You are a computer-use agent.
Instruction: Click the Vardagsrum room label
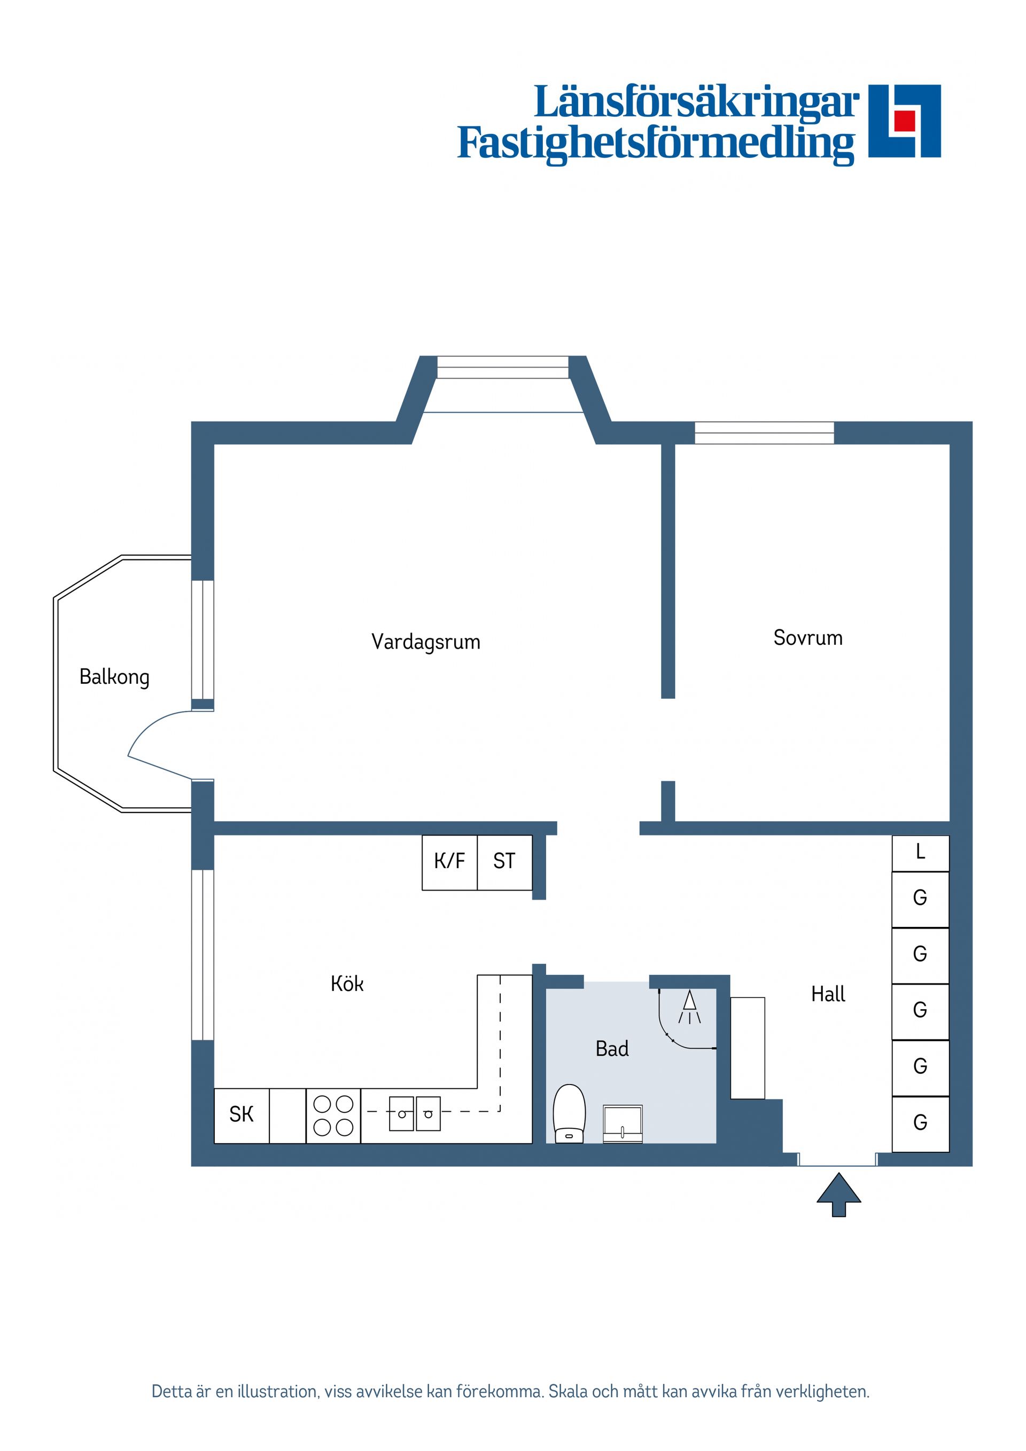point(425,642)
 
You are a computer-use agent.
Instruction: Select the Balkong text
point(114,677)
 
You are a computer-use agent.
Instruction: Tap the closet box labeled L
point(920,853)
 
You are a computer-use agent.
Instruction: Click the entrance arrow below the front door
point(838,1195)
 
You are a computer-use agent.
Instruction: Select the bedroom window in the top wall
point(764,433)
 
